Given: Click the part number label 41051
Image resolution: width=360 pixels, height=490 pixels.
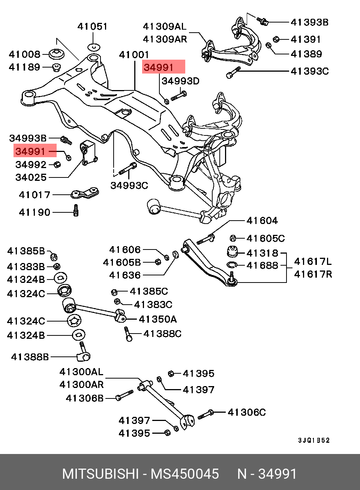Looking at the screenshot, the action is (92, 27).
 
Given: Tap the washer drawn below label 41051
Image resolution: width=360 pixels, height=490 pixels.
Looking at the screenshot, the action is (94, 47).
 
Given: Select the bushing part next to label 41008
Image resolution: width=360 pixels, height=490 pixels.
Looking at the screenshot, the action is (56, 54).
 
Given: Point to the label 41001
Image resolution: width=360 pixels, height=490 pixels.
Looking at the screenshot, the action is (134, 55).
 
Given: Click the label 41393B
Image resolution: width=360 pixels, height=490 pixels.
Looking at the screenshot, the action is (309, 22).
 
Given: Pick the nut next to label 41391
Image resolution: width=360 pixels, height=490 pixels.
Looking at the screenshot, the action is (276, 39).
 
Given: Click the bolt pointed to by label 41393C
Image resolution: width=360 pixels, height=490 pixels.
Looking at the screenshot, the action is (233, 72).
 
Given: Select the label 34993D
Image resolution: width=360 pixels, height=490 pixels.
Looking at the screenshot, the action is (180, 81).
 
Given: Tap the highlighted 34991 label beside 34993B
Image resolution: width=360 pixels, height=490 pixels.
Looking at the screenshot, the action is (30, 151).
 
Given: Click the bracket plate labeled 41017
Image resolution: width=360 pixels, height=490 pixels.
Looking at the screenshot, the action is (85, 193).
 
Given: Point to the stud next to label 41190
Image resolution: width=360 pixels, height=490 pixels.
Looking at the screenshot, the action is (76, 210).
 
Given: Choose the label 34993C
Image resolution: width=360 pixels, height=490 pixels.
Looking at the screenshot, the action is (129, 185).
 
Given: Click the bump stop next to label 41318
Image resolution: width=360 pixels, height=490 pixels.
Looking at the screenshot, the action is (232, 252).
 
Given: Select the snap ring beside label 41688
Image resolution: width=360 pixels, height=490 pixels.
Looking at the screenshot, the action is (232, 265).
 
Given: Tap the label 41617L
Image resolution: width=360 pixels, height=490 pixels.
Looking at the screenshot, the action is (313, 262).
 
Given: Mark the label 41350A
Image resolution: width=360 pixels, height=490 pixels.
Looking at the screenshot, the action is (157, 319).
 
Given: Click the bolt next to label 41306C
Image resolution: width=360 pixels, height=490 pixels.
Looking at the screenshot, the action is (205, 414).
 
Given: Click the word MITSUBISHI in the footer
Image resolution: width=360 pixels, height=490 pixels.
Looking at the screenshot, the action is (100, 474).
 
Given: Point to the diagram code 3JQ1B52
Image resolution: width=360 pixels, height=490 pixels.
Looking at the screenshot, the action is (314, 440).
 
